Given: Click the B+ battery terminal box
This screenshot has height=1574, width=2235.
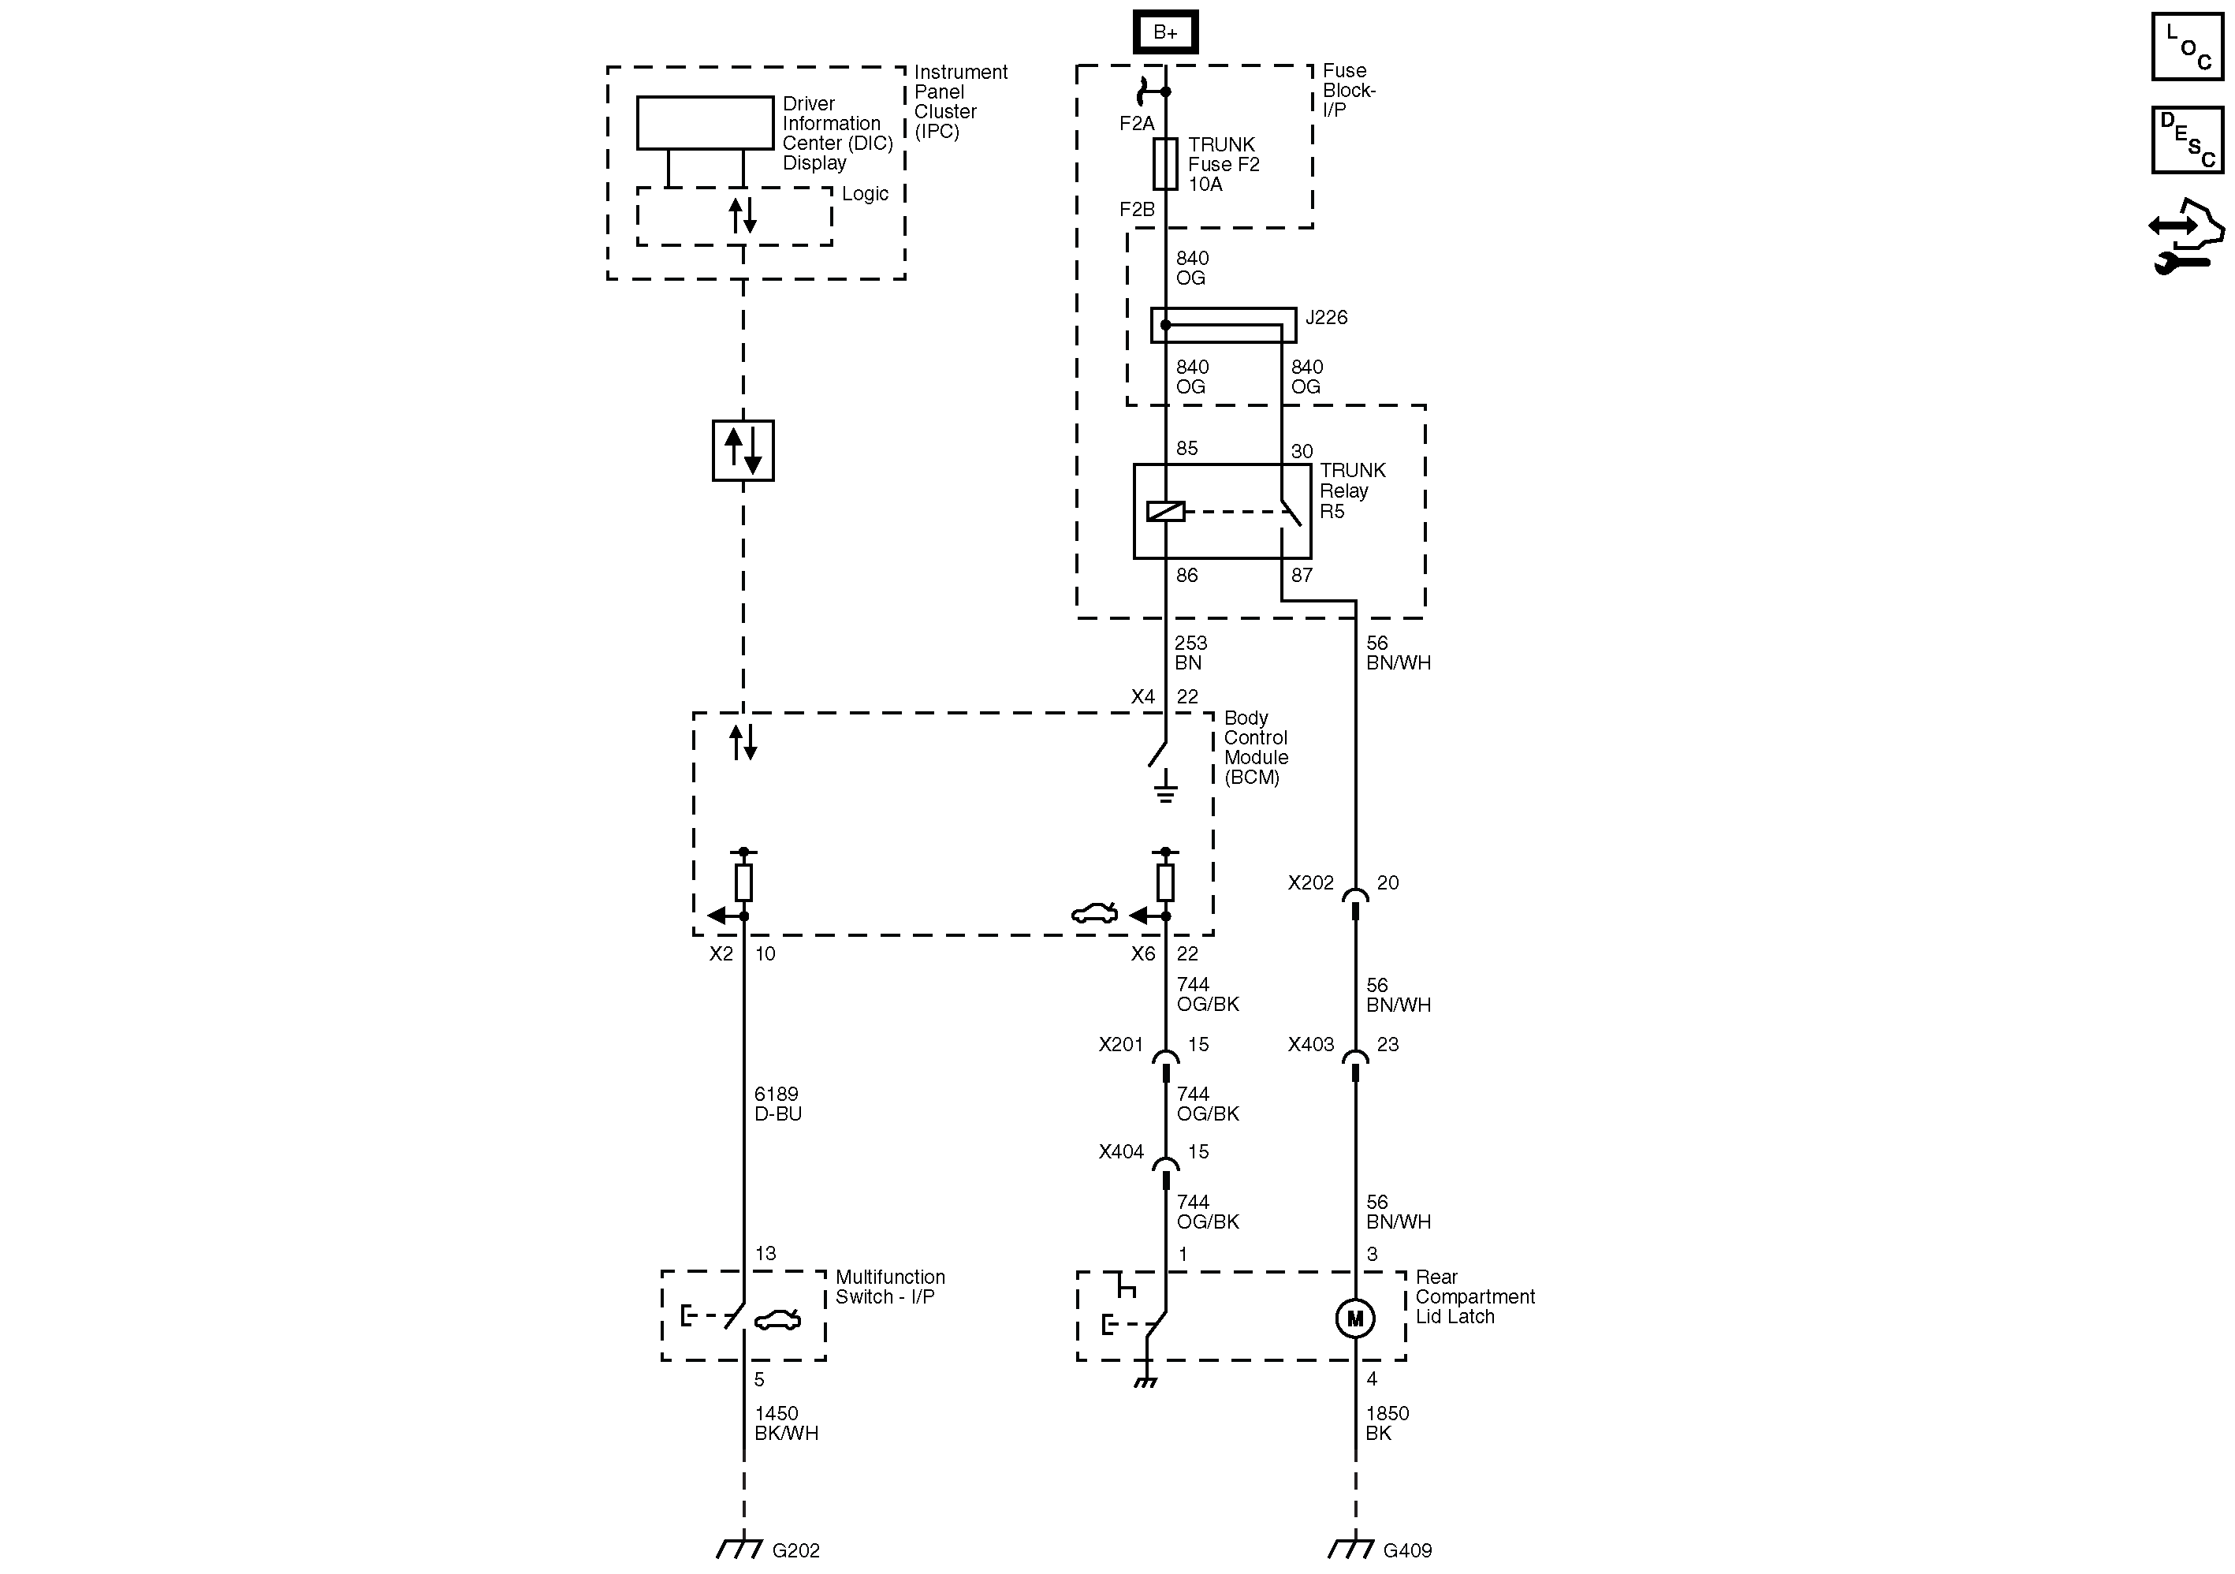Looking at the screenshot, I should [1165, 32].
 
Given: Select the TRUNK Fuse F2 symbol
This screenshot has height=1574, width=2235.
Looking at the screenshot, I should [1165, 163].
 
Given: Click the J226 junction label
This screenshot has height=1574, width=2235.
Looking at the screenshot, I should [1326, 317].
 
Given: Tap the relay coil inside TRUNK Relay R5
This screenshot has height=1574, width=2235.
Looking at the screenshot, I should [1165, 511].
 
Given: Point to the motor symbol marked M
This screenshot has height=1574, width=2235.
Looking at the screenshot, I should [1355, 1319].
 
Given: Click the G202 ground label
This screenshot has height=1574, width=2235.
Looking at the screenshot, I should [795, 1550].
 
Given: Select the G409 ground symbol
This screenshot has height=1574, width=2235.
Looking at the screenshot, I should [1349, 1548].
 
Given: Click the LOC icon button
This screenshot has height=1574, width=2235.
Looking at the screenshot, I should [2186, 47].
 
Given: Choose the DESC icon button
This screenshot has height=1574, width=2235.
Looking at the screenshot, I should [2186, 140].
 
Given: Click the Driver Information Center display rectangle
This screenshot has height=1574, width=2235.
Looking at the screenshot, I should [705, 123].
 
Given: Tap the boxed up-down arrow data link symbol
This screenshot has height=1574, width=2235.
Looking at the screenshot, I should [743, 451].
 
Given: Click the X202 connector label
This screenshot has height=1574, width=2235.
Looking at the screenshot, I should [1310, 883].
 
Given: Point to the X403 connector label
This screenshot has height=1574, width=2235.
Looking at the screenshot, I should [1310, 1044].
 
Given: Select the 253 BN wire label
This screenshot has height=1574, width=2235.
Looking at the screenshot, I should [1190, 653].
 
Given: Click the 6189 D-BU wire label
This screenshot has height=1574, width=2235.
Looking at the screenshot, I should [777, 1104].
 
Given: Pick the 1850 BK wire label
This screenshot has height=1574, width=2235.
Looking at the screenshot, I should [1386, 1423].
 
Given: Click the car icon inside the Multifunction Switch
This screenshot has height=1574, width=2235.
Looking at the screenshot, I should [778, 1320].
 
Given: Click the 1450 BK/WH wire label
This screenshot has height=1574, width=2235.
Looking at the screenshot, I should [784, 1423].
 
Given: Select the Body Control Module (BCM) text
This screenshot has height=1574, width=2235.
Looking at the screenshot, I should [1255, 748].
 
